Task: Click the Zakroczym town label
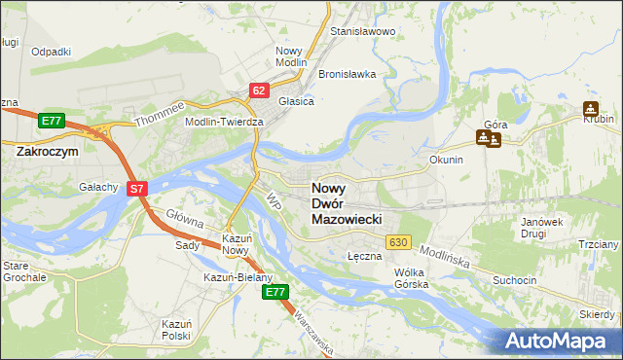[x=48, y=152]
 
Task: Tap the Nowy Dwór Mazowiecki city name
[x=352, y=204]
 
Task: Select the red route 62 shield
[x=258, y=90]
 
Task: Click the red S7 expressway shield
[x=137, y=189]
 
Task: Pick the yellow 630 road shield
[x=397, y=241]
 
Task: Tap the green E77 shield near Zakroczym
[x=52, y=121]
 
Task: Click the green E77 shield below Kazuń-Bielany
[x=276, y=292]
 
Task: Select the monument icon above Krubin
[x=591, y=109]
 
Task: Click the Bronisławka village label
[x=347, y=74]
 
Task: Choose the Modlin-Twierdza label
[x=225, y=122]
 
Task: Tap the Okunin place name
[x=445, y=159]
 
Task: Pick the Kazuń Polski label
[x=176, y=328]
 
